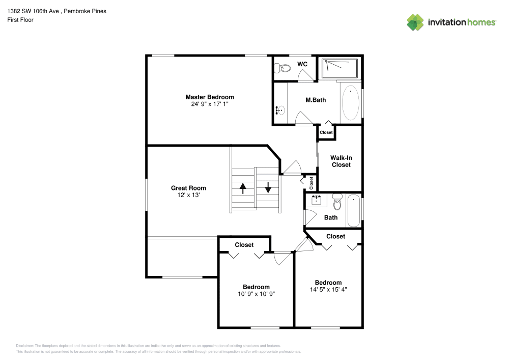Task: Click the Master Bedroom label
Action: [x=209, y=97]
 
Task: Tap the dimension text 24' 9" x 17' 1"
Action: [x=209, y=104]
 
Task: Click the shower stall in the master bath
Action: [x=340, y=68]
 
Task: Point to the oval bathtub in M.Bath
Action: [x=350, y=103]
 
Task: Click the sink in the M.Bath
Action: [x=279, y=109]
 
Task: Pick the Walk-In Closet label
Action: [x=341, y=161]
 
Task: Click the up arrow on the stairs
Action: [x=243, y=188]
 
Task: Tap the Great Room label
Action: [x=188, y=188]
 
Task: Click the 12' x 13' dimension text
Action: [x=188, y=195]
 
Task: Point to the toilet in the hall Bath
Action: [x=336, y=202]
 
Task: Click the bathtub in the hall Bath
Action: [x=353, y=210]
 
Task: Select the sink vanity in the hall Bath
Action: [x=316, y=200]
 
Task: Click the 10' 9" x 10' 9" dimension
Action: [x=256, y=294]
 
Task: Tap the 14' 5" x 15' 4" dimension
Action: [x=328, y=290]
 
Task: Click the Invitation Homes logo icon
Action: [x=415, y=22]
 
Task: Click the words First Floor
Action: [x=20, y=20]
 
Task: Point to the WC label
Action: [x=302, y=64]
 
